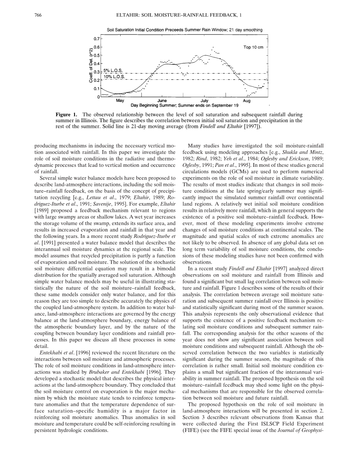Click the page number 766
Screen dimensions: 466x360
coord(37,15)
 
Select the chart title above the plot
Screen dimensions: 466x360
coord(185,30)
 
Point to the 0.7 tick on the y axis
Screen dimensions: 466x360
coord(96,39)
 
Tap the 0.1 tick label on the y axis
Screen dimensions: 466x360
coord(96,89)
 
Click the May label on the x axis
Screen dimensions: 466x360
coord(120,101)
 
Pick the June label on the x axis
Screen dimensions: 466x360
coord(162,101)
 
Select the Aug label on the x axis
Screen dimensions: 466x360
coord(247,101)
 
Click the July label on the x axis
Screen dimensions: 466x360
coord(204,101)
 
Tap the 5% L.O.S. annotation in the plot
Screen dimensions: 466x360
coord(112,71)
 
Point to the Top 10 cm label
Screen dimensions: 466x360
coord(253,47)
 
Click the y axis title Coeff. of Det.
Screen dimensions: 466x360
coord(91,65)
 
